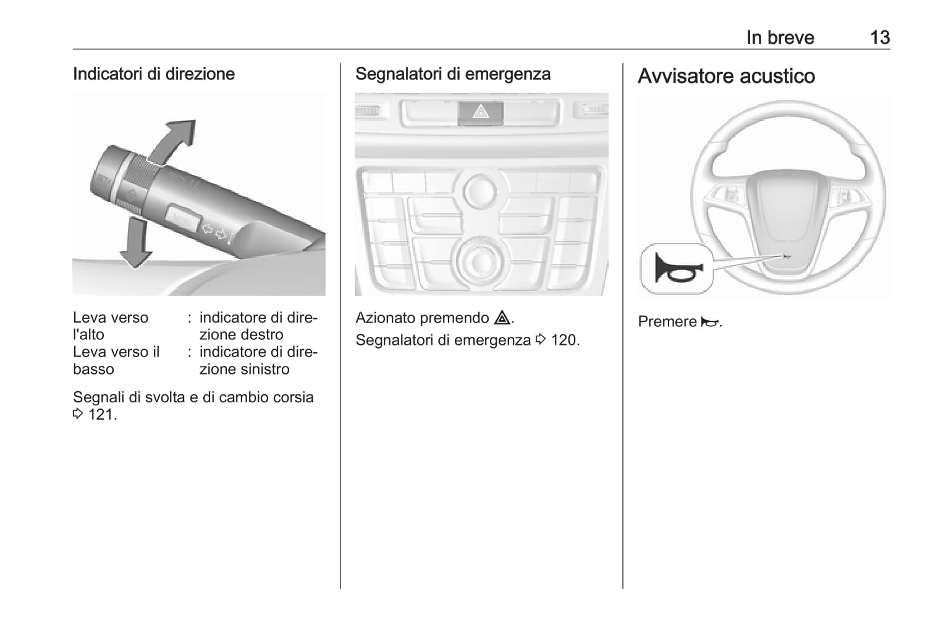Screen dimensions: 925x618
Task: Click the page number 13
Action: pyautogui.click(x=879, y=38)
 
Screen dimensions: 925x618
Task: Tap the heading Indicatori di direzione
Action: pyautogui.click(x=154, y=74)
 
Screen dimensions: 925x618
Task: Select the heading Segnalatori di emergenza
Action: pyautogui.click(x=452, y=74)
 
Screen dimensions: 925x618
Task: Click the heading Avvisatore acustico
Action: pyautogui.click(x=726, y=76)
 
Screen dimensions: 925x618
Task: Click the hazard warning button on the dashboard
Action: pyautogui.click(x=481, y=112)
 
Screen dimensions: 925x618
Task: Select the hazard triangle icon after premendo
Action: pyautogui.click(x=502, y=318)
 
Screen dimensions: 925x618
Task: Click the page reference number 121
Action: pyautogui.click(x=100, y=414)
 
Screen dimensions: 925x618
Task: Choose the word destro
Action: pyautogui.click(x=262, y=334)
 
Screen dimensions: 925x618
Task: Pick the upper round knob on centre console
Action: pyautogui.click(x=480, y=191)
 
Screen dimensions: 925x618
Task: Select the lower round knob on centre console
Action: pyautogui.click(x=481, y=260)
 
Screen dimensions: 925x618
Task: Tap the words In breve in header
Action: pyautogui.click(x=780, y=38)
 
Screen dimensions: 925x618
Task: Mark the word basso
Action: pyautogui.click(x=93, y=370)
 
